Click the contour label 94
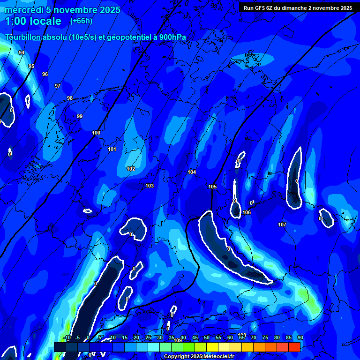coord(22,52)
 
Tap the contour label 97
coord(58,86)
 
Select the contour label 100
coord(96,133)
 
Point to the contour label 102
coord(131,169)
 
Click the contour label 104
coord(192,172)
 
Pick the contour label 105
coord(212,187)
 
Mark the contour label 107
coord(282,225)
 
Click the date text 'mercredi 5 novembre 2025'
coord(62,10)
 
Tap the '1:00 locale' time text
coord(33,21)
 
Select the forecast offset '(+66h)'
coord(81,21)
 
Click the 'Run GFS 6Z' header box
coord(298,8)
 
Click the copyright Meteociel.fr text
coord(199,357)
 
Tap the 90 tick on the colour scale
coord(300,337)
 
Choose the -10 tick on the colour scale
coord(67,337)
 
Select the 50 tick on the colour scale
coord(207,337)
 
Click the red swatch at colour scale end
coord(294,347)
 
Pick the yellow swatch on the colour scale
coord(212,347)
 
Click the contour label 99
coord(80,116)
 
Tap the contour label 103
coord(150,186)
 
